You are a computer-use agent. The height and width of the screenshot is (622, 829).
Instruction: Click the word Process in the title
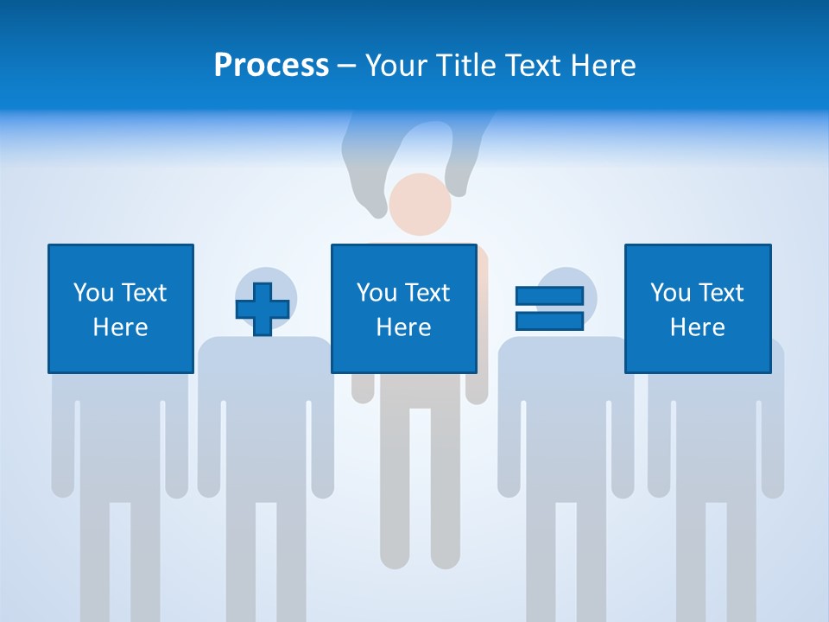(x=271, y=66)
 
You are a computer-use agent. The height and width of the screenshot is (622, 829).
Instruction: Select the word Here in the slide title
(x=600, y=66)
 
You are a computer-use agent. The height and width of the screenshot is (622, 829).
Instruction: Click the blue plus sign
(x=263, y=309)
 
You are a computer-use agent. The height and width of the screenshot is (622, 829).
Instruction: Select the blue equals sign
(x=549, y=308)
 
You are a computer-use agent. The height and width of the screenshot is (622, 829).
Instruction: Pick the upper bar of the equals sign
(x=549, y=296)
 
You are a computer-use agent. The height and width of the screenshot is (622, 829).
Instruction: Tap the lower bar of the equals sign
(x=549, y=321)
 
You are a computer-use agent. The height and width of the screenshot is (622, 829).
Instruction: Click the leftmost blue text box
(x=120, y=308)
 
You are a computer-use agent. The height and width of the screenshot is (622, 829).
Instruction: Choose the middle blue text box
(x=403, y=308)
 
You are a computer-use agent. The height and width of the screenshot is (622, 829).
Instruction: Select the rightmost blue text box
(x=698, y=308)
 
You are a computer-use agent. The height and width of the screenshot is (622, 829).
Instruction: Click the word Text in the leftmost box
(x=143, y=293)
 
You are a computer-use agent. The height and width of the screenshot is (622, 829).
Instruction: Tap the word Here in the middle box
(x=403, y=327)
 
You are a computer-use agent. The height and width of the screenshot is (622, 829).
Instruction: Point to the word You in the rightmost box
(x=670, y=293)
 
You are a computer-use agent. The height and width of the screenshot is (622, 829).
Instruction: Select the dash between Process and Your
(x=347, y=66)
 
